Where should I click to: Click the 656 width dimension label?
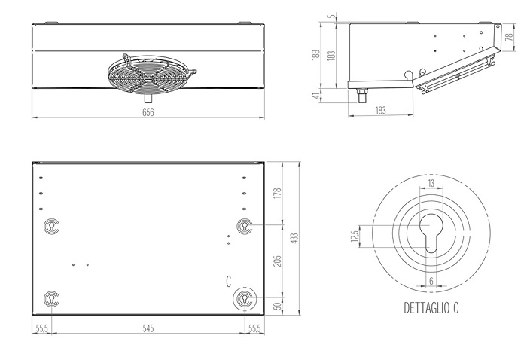(x=148, y=112)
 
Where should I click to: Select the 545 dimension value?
(x=148, y=328)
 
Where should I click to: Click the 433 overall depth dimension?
(x=295, y=238)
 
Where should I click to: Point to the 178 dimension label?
(x=277, y=194)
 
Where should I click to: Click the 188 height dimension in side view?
(x=315, y=55)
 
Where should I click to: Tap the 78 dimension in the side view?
(x=510, y=36)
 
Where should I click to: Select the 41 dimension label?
(x=315, y=96)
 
